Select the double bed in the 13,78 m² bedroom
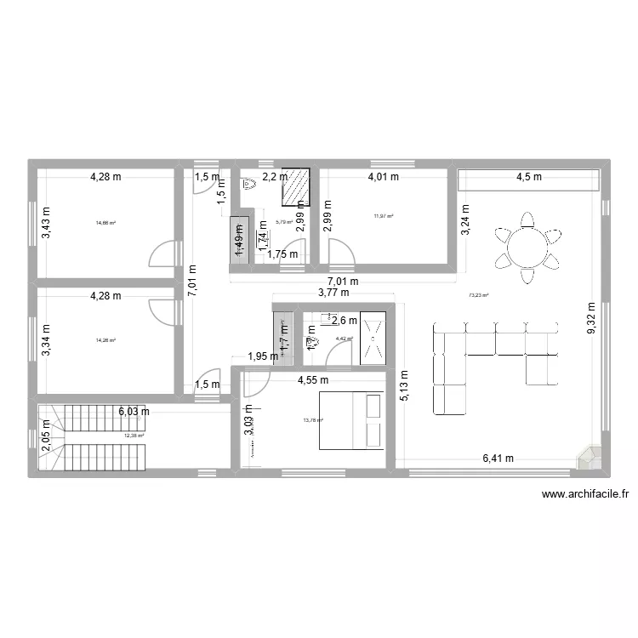coord(351,420)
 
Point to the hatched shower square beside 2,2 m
coord(296,186)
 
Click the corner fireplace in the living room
coord(589,458)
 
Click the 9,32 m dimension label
coord(593,318)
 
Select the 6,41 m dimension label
coord(498,459)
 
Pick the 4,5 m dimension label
coord(528,178)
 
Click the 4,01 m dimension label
coord(382,178)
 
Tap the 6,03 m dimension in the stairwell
coord(134,411)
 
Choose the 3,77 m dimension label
coord(333,293)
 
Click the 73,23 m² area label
coord(479,295)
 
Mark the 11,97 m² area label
coord(385,216)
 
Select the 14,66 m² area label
coord(105,223)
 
